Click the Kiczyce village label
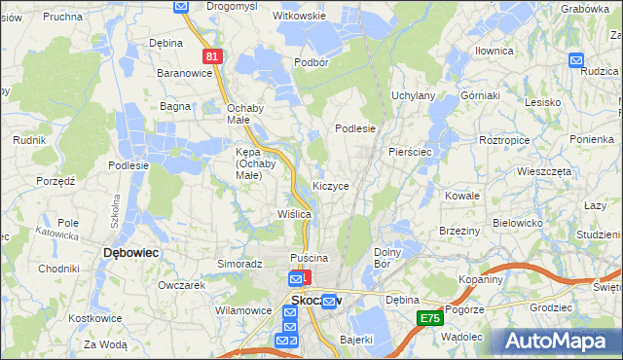(x=331, y=185)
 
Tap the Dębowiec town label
(x=131, y=252)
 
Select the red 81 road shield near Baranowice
(x=214, y=57)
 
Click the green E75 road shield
(x=429, y=317)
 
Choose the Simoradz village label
(x=241, y=264)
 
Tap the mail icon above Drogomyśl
(x=181, y=6)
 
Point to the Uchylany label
(x=413, y=95)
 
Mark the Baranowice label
(x=185, y=73)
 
